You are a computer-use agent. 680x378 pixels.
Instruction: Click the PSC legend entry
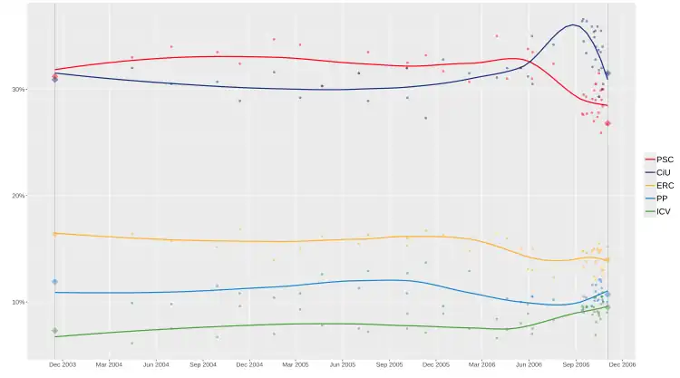pos(658,160)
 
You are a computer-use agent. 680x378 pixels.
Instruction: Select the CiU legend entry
pos(658,172)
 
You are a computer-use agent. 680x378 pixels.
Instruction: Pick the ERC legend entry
pos(658,186)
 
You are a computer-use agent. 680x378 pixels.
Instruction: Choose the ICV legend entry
pos(658,211)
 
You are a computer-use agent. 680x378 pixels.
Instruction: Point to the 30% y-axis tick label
pos(17,90)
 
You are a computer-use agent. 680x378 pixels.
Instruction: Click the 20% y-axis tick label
pos(17,196)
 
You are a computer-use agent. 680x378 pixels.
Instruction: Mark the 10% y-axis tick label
pos(17,302)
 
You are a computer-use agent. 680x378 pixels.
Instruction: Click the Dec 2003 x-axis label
pos(62,364)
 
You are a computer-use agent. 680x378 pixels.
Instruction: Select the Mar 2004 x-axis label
pos(109,364)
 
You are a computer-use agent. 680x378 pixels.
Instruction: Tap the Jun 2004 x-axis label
pos(156,364)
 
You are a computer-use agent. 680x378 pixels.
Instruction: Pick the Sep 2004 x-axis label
pos(203,364)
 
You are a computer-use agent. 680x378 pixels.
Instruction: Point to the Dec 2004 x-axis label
pos(249,364)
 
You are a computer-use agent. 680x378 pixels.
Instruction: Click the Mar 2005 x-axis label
pos(296,364)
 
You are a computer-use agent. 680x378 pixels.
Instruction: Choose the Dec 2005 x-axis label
pos(436,364)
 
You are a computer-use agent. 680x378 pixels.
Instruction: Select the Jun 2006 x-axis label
pos(529,364)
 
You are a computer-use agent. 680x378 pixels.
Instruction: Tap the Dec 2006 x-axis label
pos(623,364)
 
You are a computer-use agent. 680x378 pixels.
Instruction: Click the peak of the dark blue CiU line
pos(575,24)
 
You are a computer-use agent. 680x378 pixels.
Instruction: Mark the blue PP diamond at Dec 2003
pos(54,282)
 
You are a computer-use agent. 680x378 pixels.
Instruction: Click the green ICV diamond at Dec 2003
pos(54,331)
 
